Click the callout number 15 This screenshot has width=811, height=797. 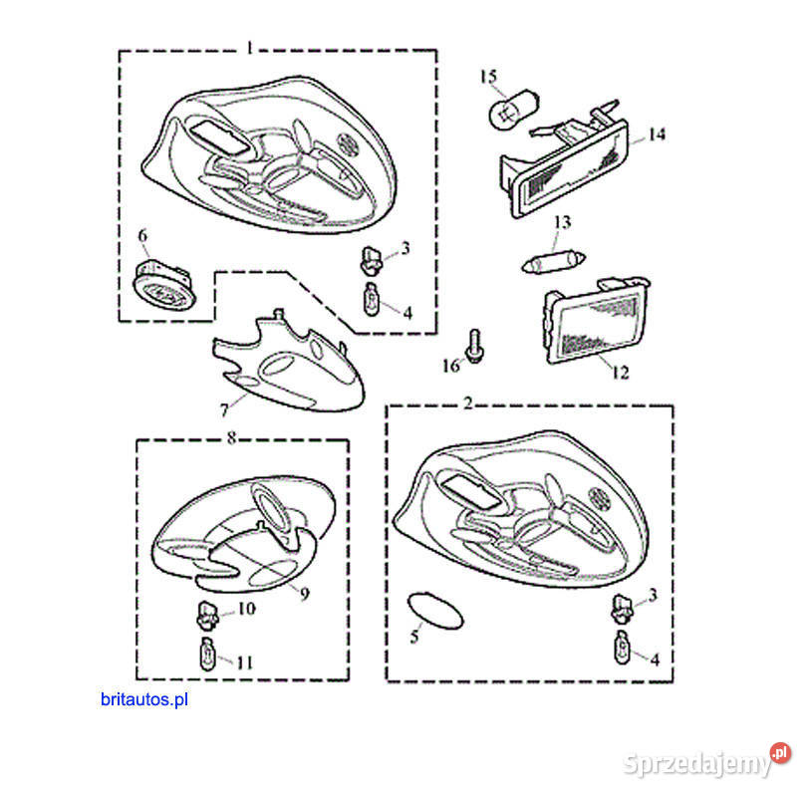click(x=488, y=77)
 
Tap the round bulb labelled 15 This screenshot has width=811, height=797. click(x=513, y=109)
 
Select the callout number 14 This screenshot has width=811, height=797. click(x=657, y=134)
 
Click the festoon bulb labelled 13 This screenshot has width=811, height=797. click(x=553, y=262)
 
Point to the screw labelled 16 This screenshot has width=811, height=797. click(x=474, y=346)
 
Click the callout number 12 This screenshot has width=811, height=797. click(x=620, y=373)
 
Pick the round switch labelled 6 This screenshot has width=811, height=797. click(x=165, y=286)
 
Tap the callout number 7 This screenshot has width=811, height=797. click(x=224, y=410)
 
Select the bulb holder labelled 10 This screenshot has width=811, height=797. click(x=207, y=615)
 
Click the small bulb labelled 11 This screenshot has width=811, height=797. click(x=208, y=654)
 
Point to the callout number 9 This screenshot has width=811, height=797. click(x=305, y=593)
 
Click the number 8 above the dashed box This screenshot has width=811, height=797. click(x=231, y=438)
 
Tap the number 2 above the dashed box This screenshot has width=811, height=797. click(x=468, y=402)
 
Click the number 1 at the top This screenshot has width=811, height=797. click(x=249, y=48)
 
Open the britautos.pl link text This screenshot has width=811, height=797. click(x=144, y=699)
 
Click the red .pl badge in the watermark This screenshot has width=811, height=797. click(x=780, y=753)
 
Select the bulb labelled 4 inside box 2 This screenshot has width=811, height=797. click(x=623, y=648)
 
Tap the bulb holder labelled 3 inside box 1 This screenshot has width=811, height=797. click(x=370, y=260)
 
